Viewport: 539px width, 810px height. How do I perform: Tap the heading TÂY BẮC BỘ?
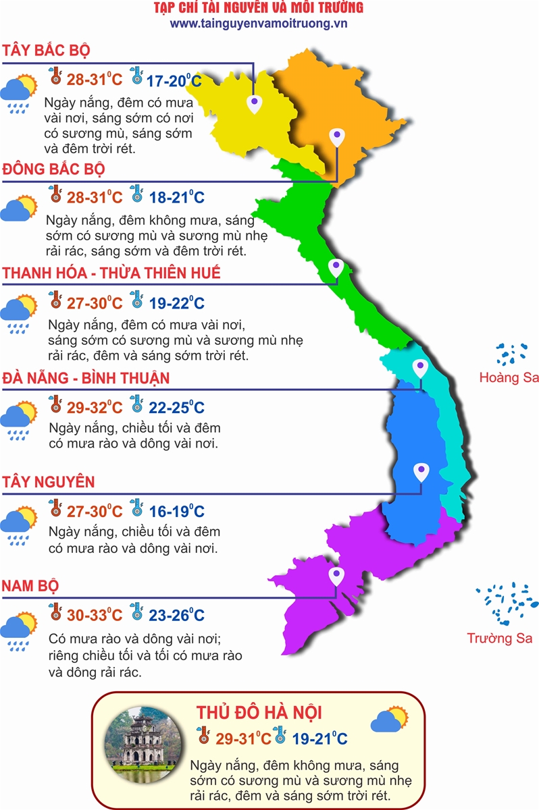tap(47, 51)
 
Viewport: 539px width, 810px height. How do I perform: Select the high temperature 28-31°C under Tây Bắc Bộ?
tap(95, 80)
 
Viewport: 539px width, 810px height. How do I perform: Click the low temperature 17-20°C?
tap(174, 81)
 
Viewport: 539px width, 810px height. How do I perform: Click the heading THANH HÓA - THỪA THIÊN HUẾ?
tap(112, 273)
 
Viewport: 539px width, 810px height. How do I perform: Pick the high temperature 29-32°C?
tap(95, 408)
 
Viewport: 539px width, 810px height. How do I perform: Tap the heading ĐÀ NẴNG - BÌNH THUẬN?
tap(86, 377)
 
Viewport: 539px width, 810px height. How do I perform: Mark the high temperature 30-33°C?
tap(95, 615)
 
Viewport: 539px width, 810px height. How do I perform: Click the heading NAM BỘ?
tap(30, 585)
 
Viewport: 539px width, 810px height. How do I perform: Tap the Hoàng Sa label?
tap(509, 377)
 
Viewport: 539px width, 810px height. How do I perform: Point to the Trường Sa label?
tap(500, 638)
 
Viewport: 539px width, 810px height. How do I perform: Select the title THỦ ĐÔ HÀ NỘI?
tap(259, 713)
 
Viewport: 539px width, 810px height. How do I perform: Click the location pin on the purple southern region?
tap(336, 577)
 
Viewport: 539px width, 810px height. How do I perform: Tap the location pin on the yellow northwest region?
tap(254, 104)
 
